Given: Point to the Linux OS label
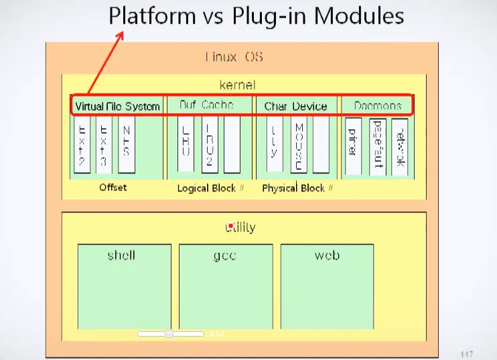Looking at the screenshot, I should (234, 57).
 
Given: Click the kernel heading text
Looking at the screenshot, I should (237, 85).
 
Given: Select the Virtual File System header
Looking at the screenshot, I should (118, 106).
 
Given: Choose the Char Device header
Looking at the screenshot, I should (295, 106).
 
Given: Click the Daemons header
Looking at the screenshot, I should (378, 106).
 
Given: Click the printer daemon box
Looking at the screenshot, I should (354, 147).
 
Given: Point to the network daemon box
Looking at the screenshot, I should (399, 147).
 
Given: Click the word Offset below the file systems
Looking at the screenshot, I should (113, 187).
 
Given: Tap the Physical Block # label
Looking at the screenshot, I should (297, 188).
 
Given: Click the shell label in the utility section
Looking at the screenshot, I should (121, 255).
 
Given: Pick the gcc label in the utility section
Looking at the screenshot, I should (224, 256).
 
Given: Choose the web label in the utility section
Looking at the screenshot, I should (327, 256).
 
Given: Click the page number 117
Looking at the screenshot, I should (467, 353).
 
